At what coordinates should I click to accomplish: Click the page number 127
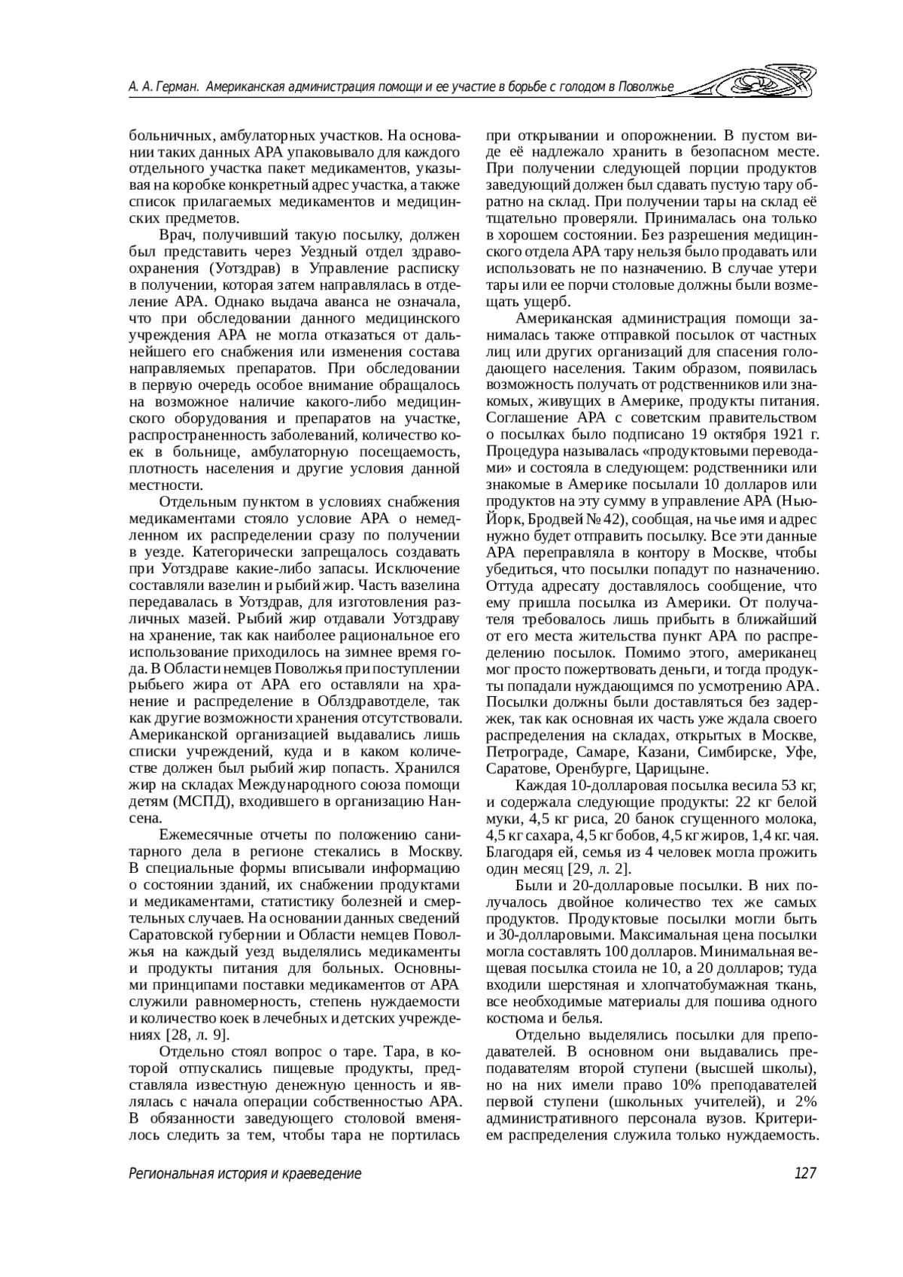[x=804, y=1173]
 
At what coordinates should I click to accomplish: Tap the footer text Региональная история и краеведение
[x=245, y=1173]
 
